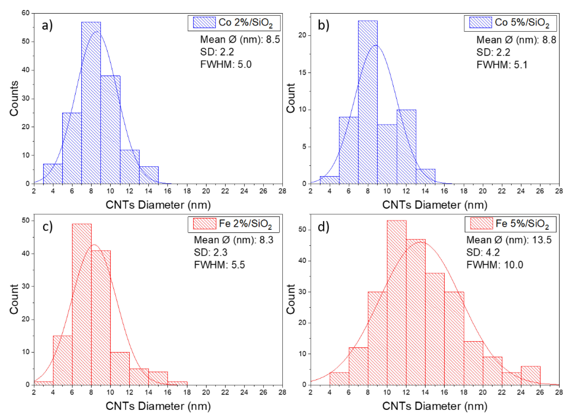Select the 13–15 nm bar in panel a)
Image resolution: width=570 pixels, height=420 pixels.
point(149,175)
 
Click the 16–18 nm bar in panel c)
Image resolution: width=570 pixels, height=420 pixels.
point(177,383)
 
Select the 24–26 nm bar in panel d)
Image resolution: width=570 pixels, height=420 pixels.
point(530,376)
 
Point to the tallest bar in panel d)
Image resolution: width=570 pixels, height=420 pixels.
point(396,303)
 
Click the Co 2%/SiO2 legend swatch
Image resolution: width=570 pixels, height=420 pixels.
point(204,22)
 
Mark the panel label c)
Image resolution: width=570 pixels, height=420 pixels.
point(47,226)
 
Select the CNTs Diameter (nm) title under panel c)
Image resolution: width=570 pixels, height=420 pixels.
point(158,406)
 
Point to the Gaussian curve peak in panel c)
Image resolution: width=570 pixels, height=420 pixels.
point(94,245)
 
